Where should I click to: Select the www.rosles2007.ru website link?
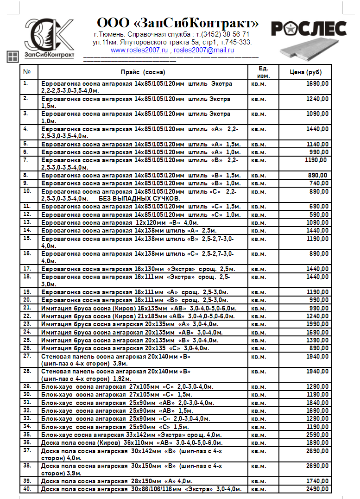pyautogui.click(x=139, y=50)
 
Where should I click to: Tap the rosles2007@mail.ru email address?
pyautogui.click(x=204, y=50)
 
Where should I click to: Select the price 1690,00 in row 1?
pyautogui.click(x=317, y=84)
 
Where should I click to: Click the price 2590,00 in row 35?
pyautogui.click(x=317, y=435)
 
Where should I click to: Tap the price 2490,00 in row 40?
pyautogui.click(x=317, y=489)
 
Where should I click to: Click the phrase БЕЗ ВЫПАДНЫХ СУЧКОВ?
pyautogui.click(x=139, y=198)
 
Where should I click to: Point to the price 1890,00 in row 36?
pyautogui.click(x=317, y=442)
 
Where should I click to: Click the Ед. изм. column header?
pyautogui.click(x=264, y=72)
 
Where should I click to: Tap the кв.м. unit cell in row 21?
pyautogui.click(x=259, y=308)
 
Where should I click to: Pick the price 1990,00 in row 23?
pyautogui.click(x=317, y=324)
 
